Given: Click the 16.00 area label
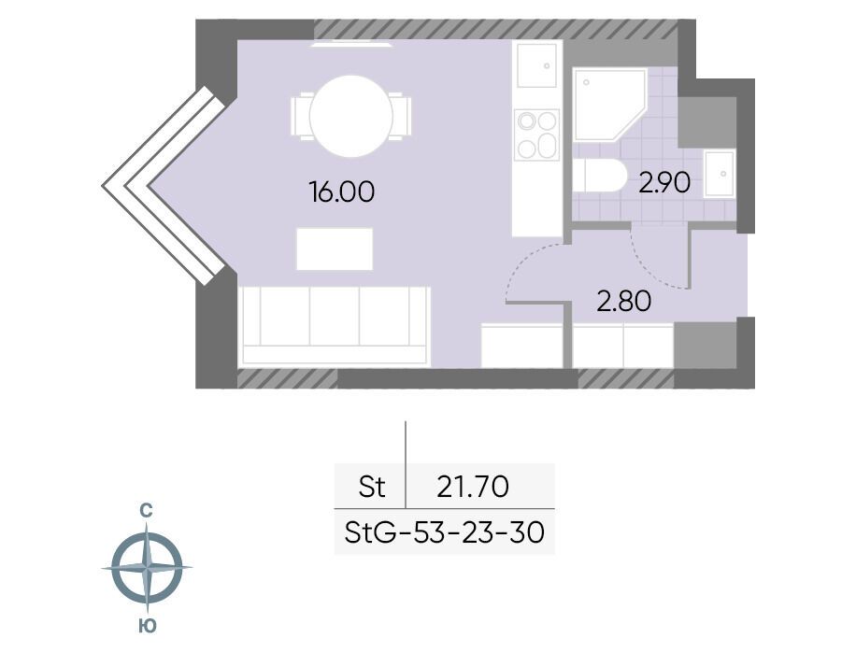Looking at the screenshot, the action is [x=342, y=192].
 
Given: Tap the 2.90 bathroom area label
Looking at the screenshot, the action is [x=664, y=183].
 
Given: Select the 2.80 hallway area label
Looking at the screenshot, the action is [x=624, y=301].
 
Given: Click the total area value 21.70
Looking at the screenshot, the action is [x=473, y=486].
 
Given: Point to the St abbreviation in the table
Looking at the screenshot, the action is [x=372, y=486].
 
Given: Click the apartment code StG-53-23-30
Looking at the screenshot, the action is [x=445, y=532].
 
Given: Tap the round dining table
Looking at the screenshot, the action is [x=351, y=116].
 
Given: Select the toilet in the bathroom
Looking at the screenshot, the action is [x=599, y=176].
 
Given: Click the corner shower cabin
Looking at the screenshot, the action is [x=609, y=105].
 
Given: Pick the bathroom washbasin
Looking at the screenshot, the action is [x=719, y=174].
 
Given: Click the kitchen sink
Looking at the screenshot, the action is [x=536, y=65].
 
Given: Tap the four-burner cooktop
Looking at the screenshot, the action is [x=537, y=135].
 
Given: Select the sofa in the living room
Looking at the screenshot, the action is [x=335, y=326].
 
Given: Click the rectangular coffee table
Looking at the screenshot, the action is [x=335, y=248].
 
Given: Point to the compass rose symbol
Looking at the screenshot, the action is [x=147, y=567].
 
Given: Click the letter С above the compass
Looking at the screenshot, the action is [x=146, y=511].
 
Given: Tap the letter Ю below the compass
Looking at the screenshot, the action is [x=147, y=626].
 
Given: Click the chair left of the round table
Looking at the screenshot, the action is [x=300, y=116].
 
